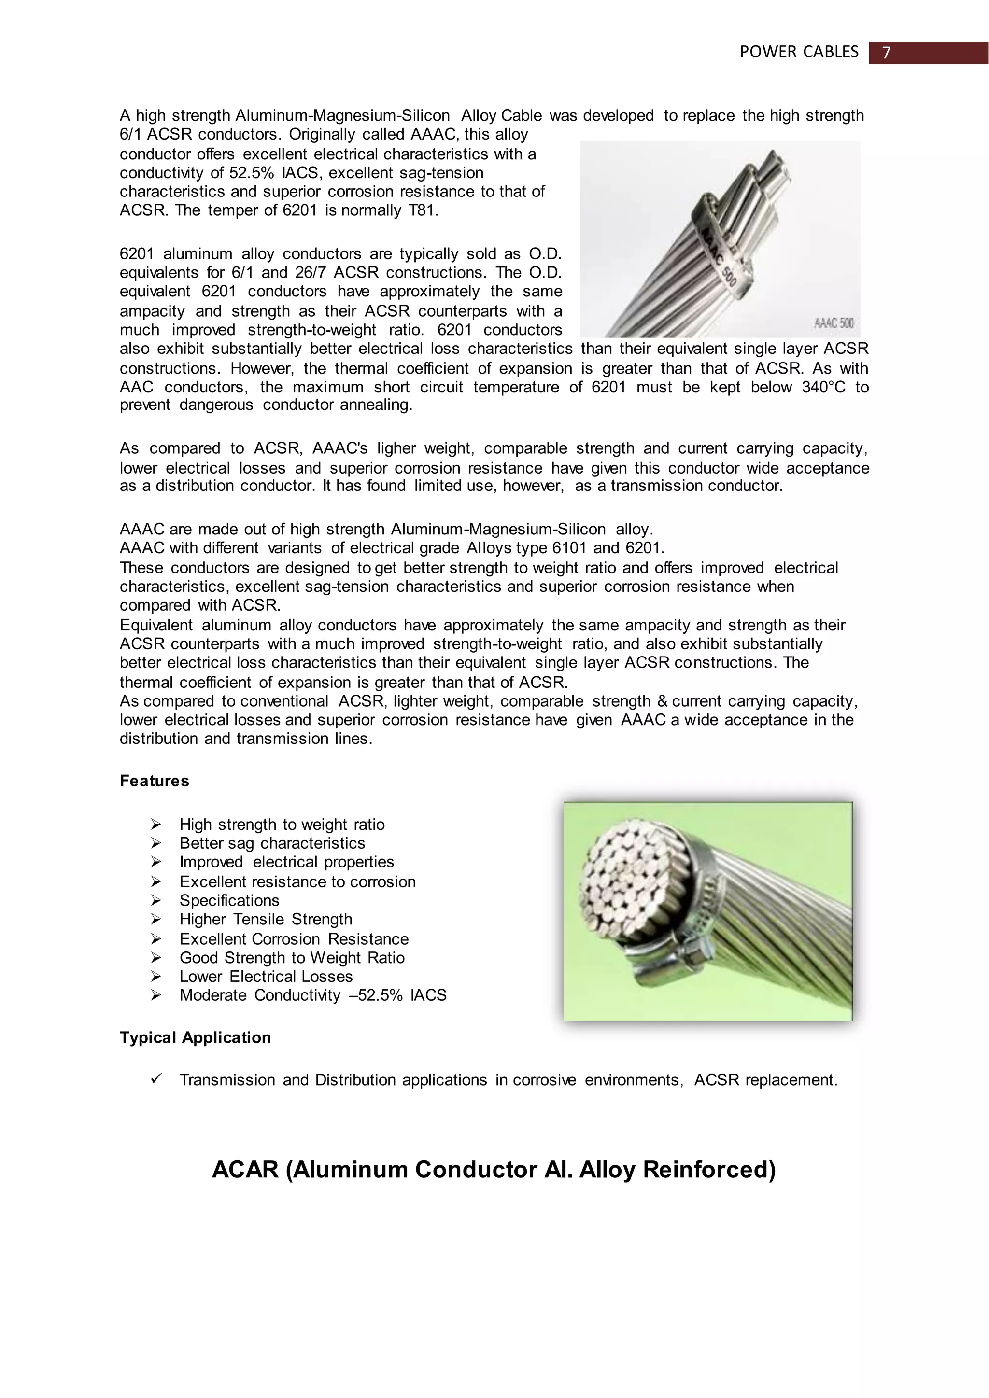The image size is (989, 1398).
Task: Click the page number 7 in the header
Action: [x=886, y=53]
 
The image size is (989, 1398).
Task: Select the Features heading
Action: [x=154, y=781]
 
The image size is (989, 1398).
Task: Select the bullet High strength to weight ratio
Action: [x=282, y=825]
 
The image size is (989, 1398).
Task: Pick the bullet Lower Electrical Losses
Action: [x=266, y=977]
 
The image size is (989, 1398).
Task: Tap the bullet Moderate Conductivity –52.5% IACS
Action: [x=313, y=995]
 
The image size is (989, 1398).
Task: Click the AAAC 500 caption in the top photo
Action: [x=833, y=323]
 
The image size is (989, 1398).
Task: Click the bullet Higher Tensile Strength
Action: [x=266, y=920]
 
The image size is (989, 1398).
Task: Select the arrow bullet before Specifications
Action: [x=156, y=900]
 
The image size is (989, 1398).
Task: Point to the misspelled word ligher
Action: [x=396, y=449]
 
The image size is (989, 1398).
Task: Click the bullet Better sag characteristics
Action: [x=272, y=843]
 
